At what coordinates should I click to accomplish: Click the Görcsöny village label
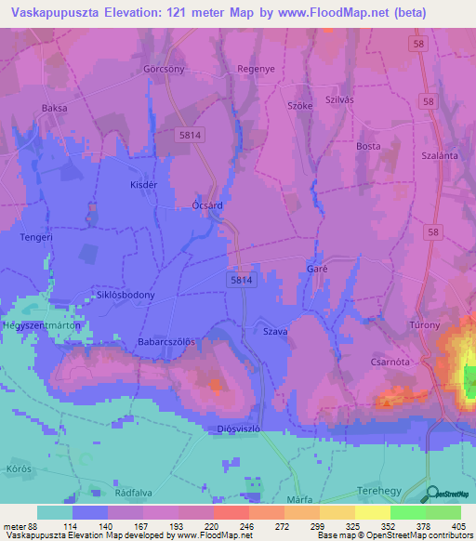(x=164, y=70)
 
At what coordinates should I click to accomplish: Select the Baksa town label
(x=55, y=108)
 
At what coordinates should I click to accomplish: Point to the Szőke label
(x=300, y=106)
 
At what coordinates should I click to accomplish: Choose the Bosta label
(x=369, y=146)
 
